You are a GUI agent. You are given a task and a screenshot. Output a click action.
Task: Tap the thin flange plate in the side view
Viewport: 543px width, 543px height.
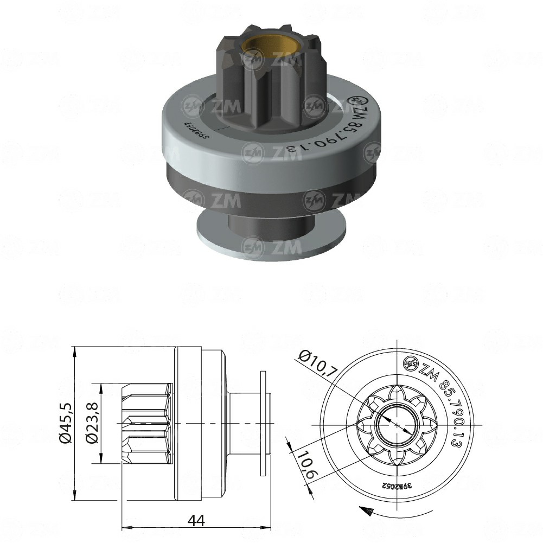(264, 423)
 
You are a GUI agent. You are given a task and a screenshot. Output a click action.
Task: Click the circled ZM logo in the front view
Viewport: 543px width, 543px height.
(410, 364)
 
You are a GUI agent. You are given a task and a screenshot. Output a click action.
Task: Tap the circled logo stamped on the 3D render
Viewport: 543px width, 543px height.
(359, 101)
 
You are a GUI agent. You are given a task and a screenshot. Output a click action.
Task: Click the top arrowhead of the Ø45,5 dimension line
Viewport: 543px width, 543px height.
(75, 352)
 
